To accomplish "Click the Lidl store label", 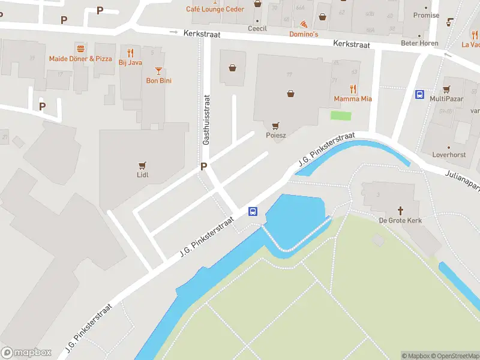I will click(142, 175).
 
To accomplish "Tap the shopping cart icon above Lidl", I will click(142, 165).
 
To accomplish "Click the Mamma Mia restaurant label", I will click(353, 98).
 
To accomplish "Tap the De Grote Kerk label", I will click(400, 220).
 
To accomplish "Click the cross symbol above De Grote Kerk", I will click(400, 210).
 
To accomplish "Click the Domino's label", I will click(304, 34).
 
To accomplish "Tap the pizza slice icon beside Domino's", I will click(304, 25).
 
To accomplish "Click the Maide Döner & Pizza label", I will click(80, 59).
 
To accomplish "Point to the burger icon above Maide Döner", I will click(80, 48).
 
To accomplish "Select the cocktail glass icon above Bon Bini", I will click(158, 70).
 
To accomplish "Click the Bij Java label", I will click(130, 62).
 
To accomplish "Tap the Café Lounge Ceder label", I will click(214, 9).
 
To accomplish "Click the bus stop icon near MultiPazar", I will click(419, 94).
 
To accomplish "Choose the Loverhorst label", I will click(449, 154).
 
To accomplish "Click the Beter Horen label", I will click(421, 43).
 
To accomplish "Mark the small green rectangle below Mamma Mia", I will click(341, 115).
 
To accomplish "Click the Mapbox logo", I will click(26, 353).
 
